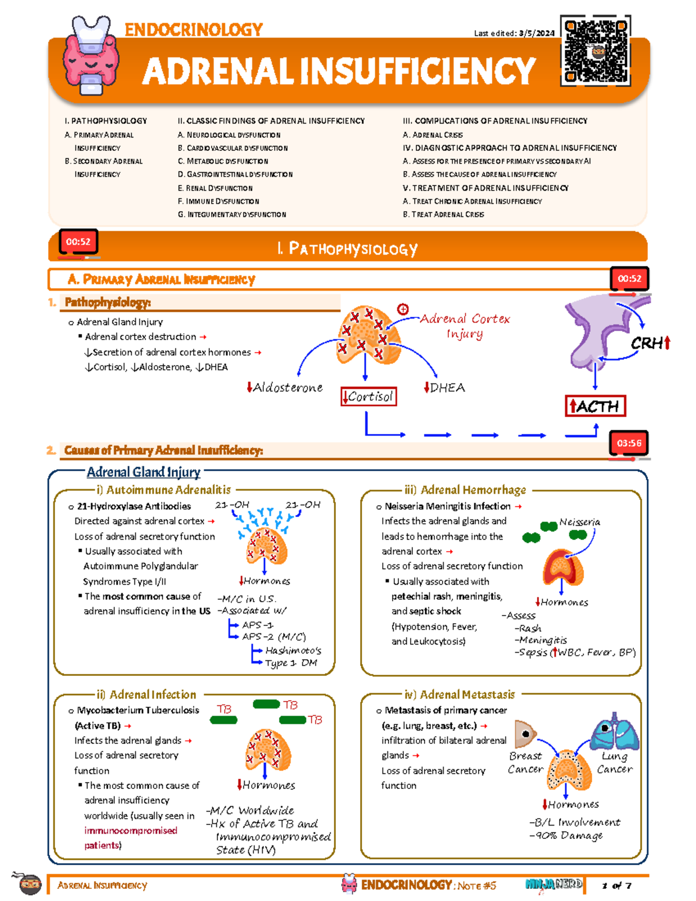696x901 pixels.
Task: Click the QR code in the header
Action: pos(596,52)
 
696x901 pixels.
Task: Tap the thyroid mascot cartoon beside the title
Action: pos(92,55)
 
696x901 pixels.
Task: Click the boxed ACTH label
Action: pos(595,406)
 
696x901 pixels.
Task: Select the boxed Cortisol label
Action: pos(369,397)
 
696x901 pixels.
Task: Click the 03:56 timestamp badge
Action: pos(629,444)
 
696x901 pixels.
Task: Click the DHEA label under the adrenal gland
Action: pos(445,388)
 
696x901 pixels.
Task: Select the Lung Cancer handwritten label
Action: pos(614,762)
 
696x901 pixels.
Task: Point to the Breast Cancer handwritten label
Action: pos(525,762)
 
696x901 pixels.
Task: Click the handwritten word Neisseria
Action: pos(579,522)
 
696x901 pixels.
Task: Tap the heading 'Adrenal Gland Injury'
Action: pos(143,472)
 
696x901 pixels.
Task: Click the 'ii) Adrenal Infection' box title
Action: pos(147,694)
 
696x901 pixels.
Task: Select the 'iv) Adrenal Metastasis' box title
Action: pos(459,694)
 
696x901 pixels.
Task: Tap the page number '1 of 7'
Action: pos(617,885)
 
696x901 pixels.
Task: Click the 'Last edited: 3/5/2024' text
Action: pos(514,33)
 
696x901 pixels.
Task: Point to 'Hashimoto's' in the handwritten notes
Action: pos(293,650)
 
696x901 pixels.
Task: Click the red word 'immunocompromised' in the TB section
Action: pos(130,830)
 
